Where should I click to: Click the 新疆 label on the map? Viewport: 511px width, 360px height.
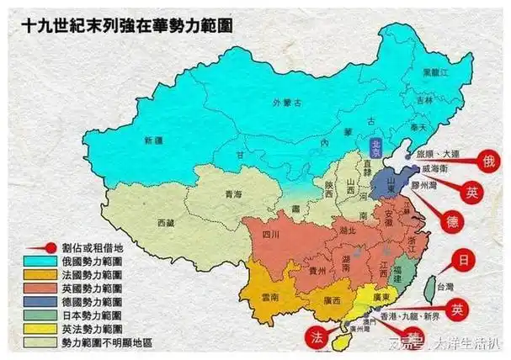pos(153,140)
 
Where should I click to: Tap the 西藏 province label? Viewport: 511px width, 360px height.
pos(168,223)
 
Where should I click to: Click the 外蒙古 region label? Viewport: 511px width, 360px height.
pos(289,103)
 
